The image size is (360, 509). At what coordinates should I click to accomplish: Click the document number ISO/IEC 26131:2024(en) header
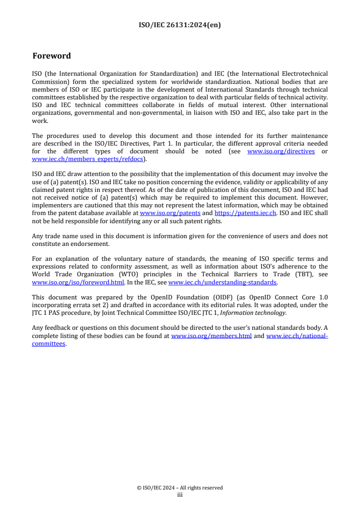pyautogui.click(x=180, y=25)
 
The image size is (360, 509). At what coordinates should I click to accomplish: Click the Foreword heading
pyautogui.click(x=52, y=56)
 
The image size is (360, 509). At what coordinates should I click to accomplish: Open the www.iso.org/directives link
pyautogui.click(x=281, y=152)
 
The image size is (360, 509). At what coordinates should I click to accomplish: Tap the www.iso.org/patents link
pyautogui.click(x=170, y=213)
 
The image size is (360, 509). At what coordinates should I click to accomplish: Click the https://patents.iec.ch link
pyautogui.click(x=245, y=213)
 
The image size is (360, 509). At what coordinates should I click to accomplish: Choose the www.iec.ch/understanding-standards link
pyautogui.click(x=222, y=283)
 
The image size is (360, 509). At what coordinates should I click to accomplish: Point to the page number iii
pyautogui.click(x=180, y=495)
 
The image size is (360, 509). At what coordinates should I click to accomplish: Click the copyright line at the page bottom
pyautogui.click(x=180, y=488)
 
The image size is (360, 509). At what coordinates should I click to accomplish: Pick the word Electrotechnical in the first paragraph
pyautogui.click(x=301, y=73)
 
